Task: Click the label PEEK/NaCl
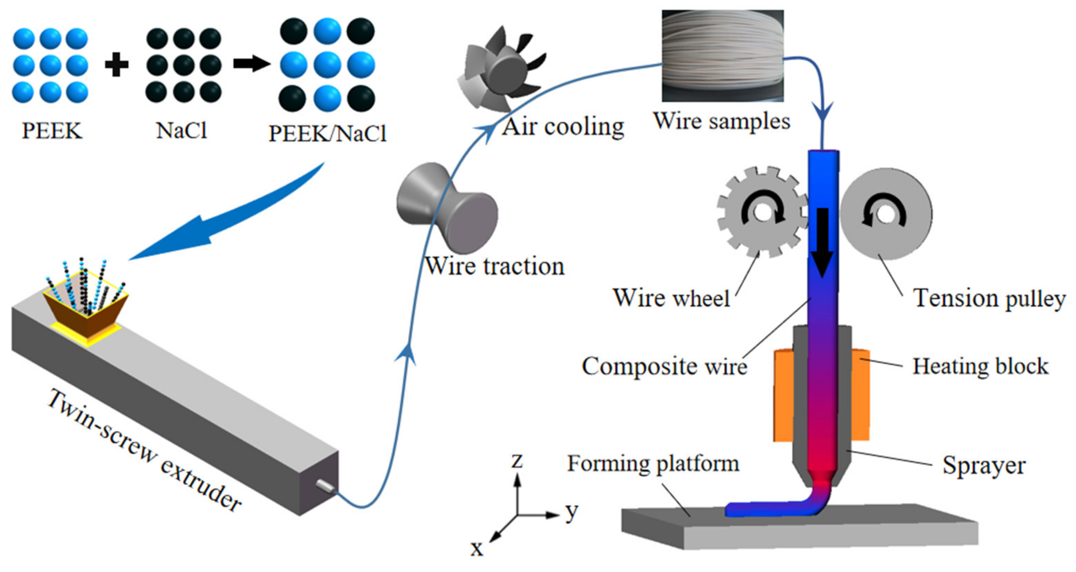coord(327,134)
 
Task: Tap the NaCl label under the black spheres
coord(181,131)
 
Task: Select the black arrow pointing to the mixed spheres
coord(251,64)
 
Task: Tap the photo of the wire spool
coord(722,56)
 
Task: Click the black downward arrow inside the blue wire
coord(822,242)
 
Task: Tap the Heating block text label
coord(980,366)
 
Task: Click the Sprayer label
coord(984,465)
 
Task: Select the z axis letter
coord(517,461)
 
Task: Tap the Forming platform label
coord(653,464)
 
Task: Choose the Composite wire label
coord(664,366)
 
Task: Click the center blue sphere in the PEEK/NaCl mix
coord(327,65)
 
